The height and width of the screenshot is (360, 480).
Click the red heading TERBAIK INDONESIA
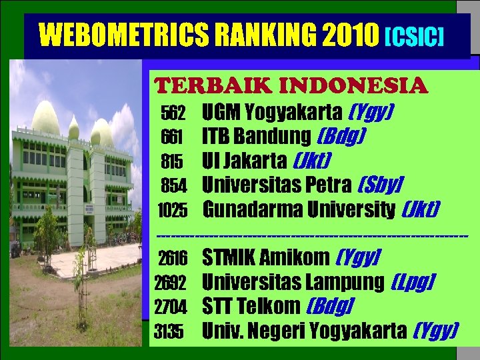coord(291,86)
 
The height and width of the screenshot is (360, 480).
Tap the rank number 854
coord(174,185)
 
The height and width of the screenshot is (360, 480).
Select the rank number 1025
coord(172,211)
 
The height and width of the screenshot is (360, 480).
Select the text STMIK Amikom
coord(266,257)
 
